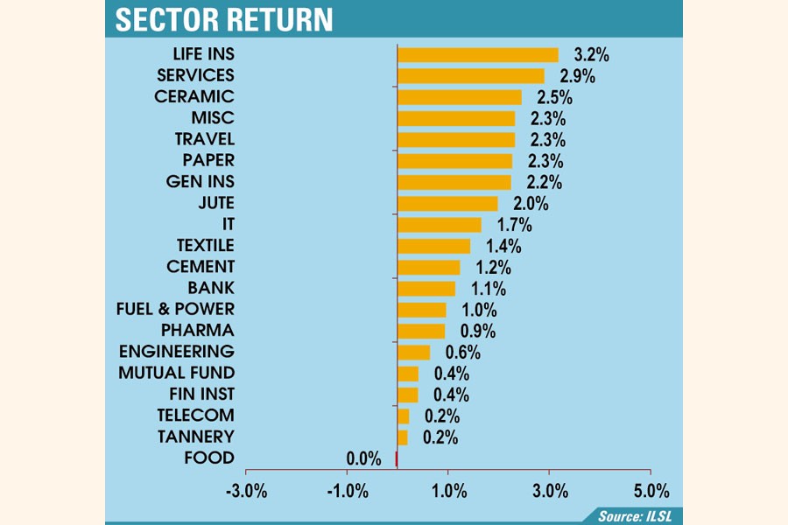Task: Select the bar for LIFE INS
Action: tap(477, 55)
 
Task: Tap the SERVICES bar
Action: tap(470, 76)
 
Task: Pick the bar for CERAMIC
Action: tap(459, 97)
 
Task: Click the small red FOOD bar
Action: tap(397, 458)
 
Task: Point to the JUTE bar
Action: tap(447, 204)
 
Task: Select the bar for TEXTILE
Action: tap(433, 246)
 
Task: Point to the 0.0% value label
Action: tap(363, 458)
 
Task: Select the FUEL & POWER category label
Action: tap(175, 309)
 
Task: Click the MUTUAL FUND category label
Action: tap(176, 373)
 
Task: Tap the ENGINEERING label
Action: tap(176, 351)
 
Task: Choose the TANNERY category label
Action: tap(195, 437)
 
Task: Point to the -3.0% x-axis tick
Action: tap(246, 490)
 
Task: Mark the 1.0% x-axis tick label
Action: tap(448, 490)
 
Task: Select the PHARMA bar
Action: tap(421, 331)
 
